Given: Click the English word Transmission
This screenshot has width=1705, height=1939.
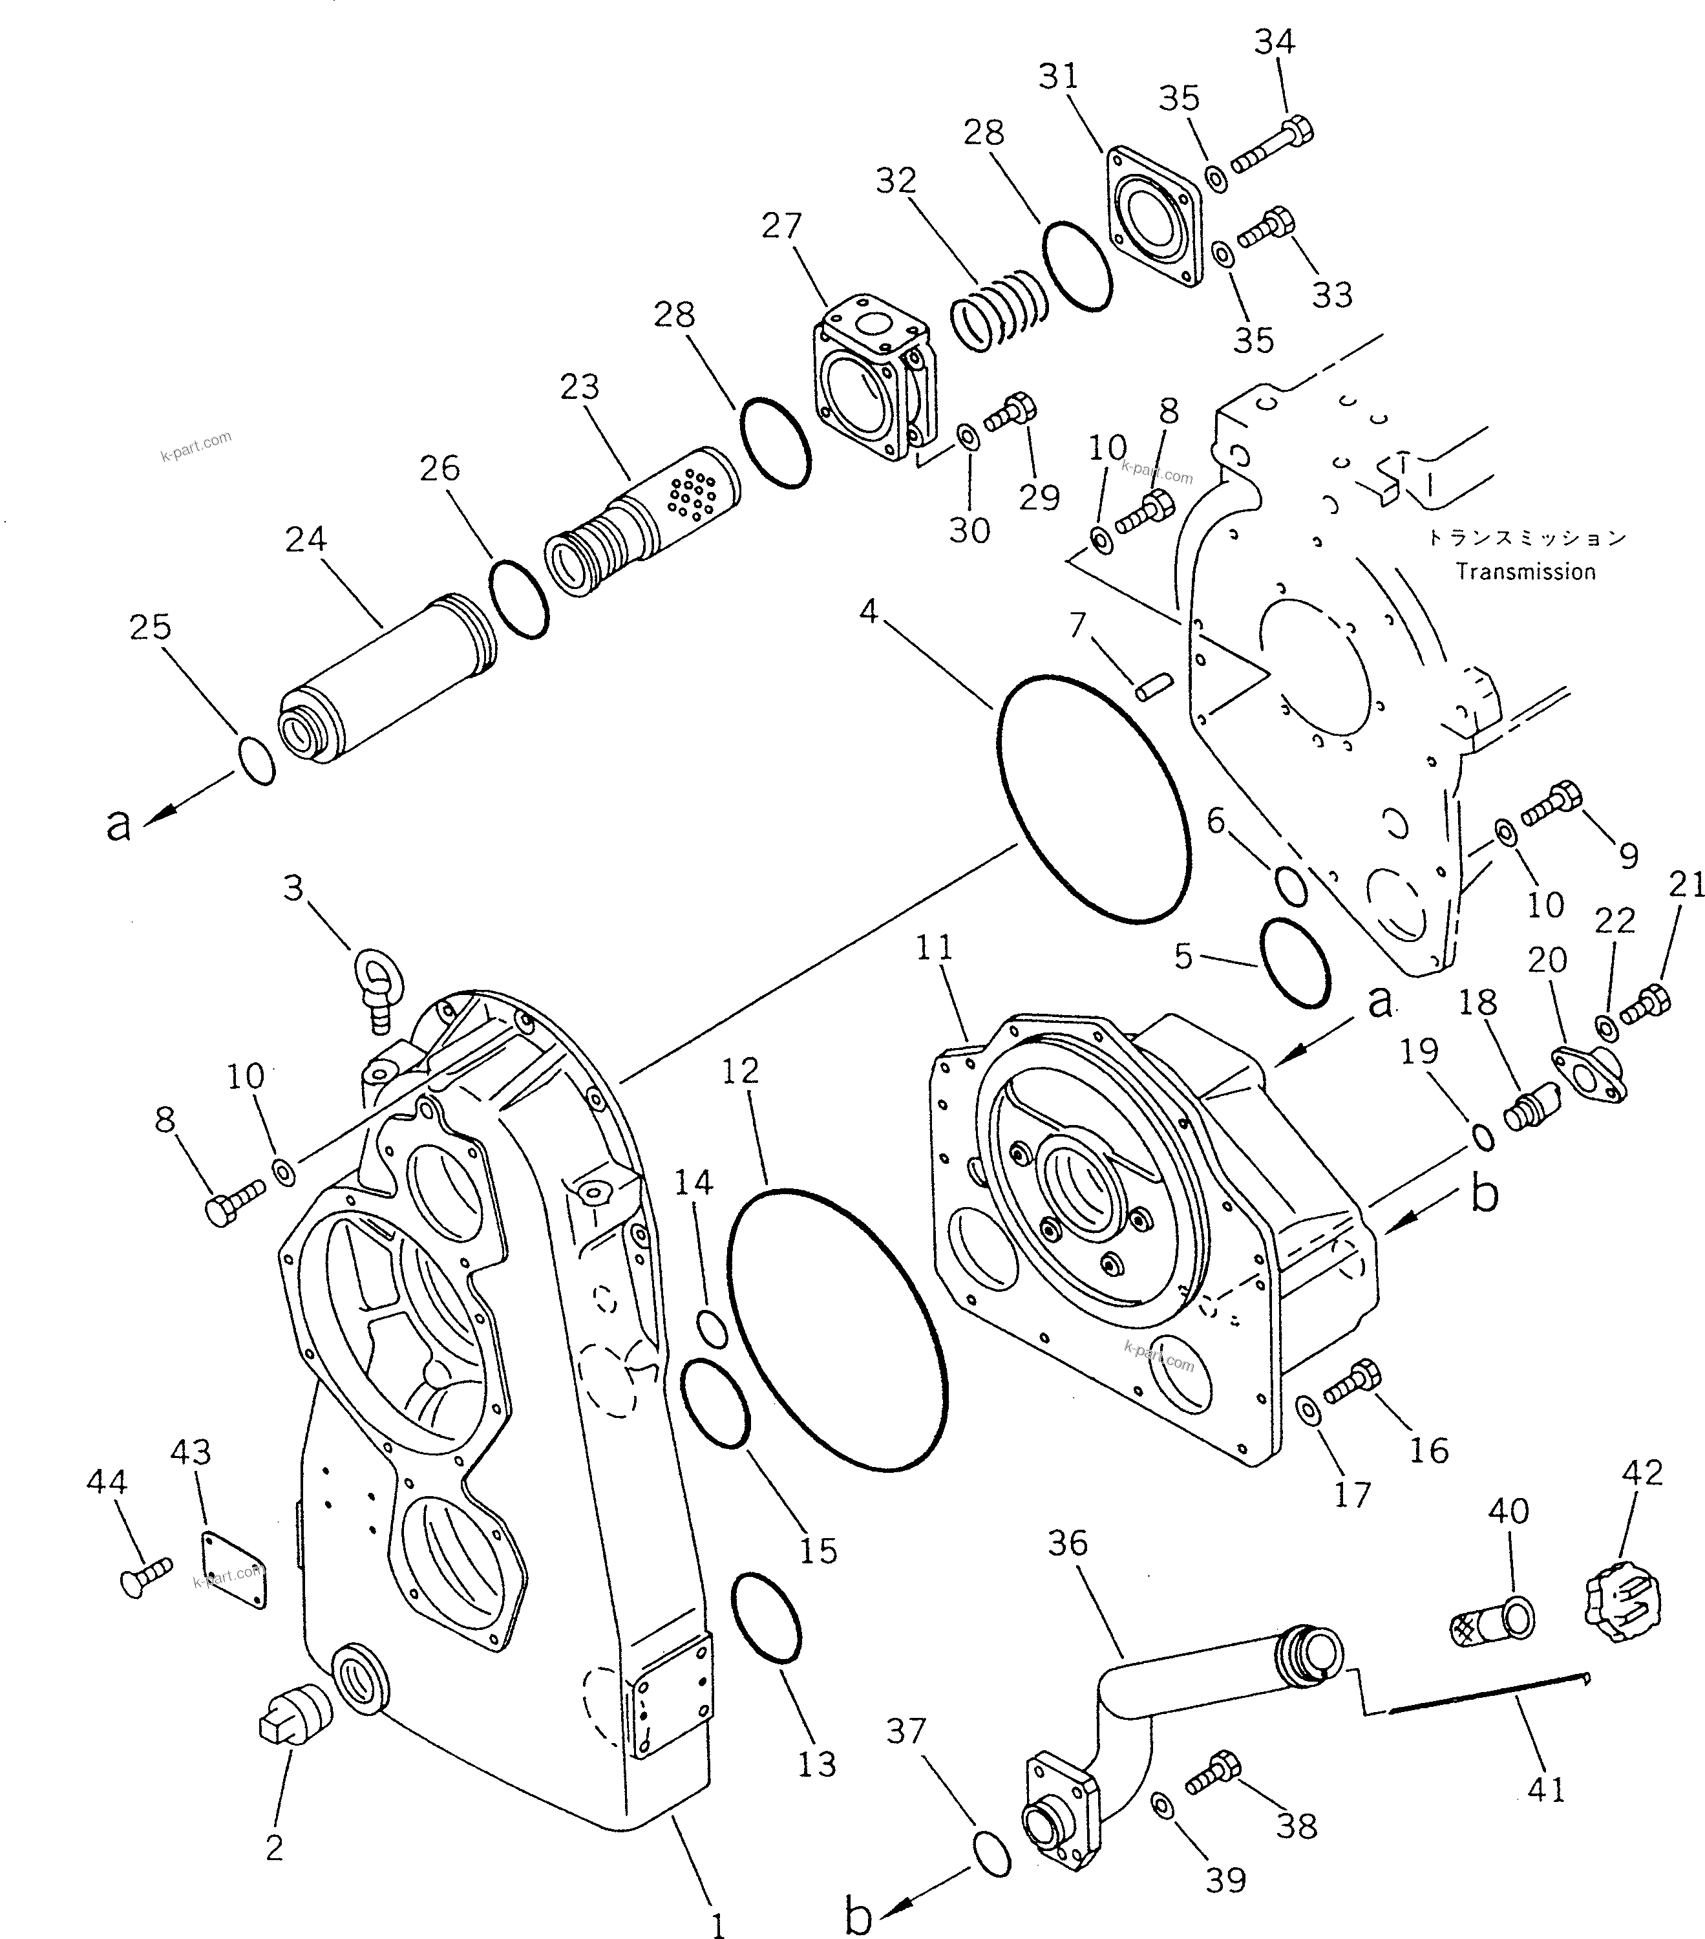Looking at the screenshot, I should pyautogui.click(x=1526, y=572).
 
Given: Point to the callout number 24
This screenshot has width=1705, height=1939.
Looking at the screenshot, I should pyautogui.click(x=305, y=540).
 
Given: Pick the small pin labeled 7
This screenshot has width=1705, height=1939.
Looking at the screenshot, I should pyautogui.click(x=1154, y=687).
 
